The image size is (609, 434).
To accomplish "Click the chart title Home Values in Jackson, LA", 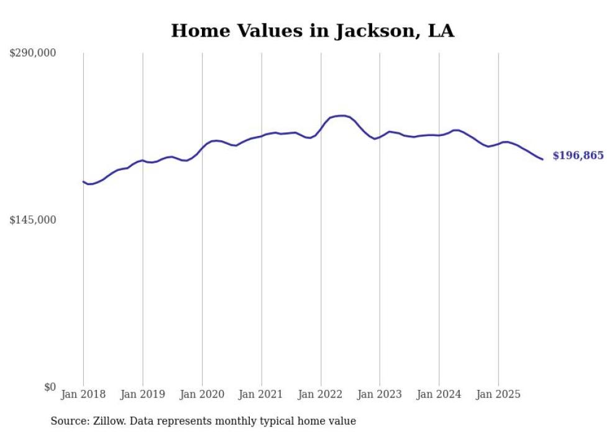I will click(x=313, y=31).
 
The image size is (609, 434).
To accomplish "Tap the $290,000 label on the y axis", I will click(x=32, y=53).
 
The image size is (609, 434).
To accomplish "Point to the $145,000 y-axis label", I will click(x=32, y=220).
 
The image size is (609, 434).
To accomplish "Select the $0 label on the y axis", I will click(x=50, y=387).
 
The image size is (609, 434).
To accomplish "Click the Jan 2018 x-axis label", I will click(x=83, y=394).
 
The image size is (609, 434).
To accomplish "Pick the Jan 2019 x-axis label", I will click(x=143, y=394).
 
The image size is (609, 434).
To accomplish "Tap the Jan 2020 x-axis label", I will click(x=202, y=394).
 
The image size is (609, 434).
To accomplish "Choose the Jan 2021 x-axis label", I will click(x=261, y=394).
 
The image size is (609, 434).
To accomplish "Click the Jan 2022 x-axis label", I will click(x=321, y=394).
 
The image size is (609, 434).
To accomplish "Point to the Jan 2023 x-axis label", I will click(x=380, y=394).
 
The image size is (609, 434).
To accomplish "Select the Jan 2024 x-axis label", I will click(x=439, y=394).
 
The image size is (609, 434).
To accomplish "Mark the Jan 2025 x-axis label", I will click(x=498, y=394).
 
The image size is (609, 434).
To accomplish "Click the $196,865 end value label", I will click(x=577, y=156).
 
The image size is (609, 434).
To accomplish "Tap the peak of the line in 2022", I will click(x=341, y=115).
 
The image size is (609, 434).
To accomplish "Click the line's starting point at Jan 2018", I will click(x=83, y=181).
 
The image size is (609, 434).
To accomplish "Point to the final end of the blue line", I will click(x=543, y=160).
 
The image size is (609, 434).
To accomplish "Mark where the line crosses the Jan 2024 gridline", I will click(x=439, y=135).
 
